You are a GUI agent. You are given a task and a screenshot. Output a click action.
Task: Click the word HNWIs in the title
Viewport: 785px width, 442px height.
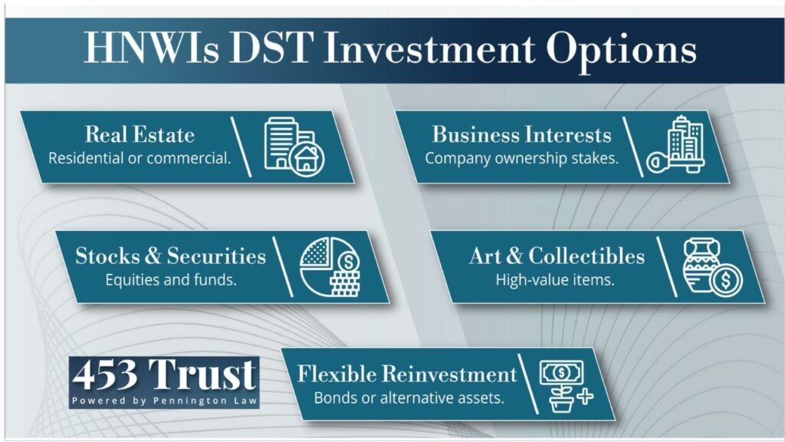coord(151,48)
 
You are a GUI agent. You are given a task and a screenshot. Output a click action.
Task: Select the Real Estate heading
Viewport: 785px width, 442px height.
coord(140,134)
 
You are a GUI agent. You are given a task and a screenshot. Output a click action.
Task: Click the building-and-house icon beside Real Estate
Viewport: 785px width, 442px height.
coord(294,147)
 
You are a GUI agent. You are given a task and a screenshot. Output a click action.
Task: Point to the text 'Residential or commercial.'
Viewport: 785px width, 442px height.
coord(140,158)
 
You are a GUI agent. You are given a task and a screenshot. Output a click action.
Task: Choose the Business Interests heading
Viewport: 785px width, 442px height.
coord(521,134)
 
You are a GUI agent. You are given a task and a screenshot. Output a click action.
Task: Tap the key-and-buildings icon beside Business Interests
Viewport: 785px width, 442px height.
coord(676,145)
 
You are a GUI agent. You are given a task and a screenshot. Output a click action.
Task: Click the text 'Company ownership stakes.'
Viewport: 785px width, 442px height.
coord(521,158)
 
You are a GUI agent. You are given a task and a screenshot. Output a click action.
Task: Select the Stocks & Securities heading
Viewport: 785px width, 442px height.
coord(171,256)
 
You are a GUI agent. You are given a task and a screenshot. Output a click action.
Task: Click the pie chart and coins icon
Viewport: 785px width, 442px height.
coord(330,267)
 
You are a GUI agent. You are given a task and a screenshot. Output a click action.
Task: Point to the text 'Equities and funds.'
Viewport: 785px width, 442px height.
coord(171,279)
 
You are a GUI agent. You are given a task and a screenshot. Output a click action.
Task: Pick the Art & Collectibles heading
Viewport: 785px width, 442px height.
coord(557,256)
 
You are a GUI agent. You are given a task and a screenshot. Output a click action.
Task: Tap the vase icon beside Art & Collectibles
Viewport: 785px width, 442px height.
coord(712,267)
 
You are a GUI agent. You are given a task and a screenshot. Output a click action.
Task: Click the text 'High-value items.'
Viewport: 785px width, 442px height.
coord(555,279)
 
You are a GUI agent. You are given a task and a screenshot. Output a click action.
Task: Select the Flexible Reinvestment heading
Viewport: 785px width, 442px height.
coord(407,374)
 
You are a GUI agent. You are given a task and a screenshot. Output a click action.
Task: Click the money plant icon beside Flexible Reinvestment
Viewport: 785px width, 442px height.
coord(567,387)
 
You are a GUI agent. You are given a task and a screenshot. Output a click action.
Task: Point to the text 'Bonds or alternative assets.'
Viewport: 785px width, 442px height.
coord(409,398)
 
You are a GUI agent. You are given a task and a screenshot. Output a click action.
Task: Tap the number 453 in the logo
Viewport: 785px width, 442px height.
coord(104,374)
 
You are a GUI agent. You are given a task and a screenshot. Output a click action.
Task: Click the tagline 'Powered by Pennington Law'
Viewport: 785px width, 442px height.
coord(164,401)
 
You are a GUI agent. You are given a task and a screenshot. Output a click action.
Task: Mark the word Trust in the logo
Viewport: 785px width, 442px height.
coord(202,374)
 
